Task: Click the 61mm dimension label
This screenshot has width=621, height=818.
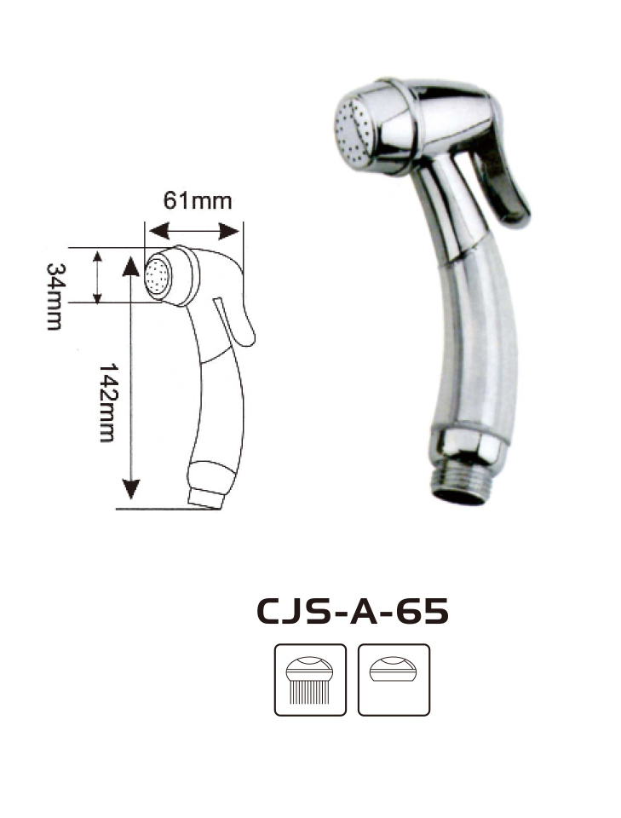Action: click(197, 201)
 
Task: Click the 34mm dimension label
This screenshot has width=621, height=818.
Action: click(55, 297)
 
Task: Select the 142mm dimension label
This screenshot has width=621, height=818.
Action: click(106, 403)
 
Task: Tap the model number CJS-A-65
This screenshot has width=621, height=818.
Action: click(353, 611)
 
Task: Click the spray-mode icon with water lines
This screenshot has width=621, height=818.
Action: click(310, 680)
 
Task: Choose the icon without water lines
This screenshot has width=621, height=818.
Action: click(394, 680)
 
